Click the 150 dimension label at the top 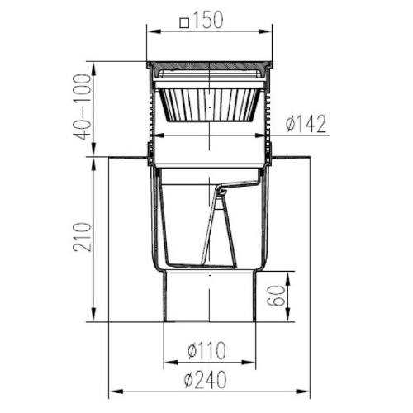pos(208,21)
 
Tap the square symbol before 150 pos(184,23)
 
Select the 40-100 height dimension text pos(82,107)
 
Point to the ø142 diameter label pos(306,124)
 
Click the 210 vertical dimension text pos(82,237)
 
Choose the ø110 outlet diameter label pos(206,351)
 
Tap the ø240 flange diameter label pos(206,380)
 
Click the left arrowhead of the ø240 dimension pos(116,392)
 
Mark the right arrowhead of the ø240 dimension pos(302,392)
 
